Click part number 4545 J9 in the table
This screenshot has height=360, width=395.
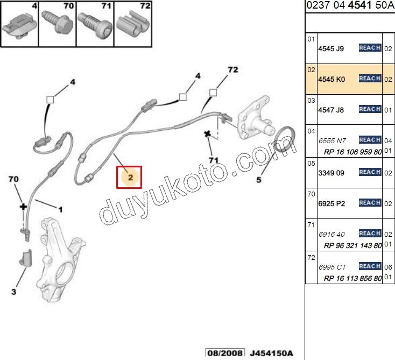(331, 48)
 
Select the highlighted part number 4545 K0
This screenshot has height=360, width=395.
(331, 79)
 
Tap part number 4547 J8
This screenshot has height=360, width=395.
(331, 110)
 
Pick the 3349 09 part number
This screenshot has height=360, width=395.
(331, 173)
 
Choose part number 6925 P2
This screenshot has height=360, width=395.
(331, 203)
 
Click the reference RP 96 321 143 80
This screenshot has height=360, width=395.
(353, 245)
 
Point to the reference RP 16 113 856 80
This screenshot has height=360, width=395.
(353, 278)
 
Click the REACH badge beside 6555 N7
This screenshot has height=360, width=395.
(370, 140)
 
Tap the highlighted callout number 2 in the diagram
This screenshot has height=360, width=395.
(130, 178)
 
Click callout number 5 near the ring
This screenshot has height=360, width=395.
(259, 180)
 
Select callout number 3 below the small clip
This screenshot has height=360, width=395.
(13, 292)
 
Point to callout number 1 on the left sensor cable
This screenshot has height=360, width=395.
(60, 210)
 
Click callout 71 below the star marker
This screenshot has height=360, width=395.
(213, 160)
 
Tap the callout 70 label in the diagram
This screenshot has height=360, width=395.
(13, 179)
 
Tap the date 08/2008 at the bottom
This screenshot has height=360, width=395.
(225, 353)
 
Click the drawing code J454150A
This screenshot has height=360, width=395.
(272, 353)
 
